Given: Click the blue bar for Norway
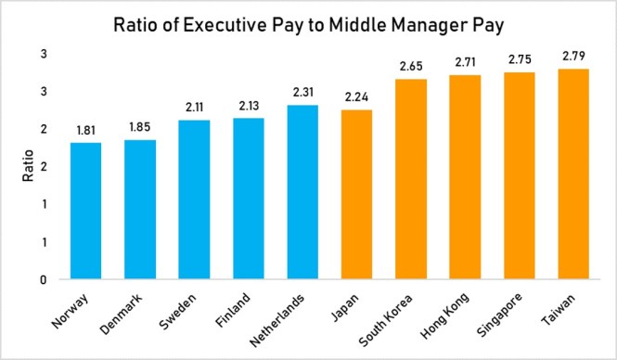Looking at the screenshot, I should tap(85, 211).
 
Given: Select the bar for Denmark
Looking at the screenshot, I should tap(140, 209).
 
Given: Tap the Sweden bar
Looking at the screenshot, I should tap(194, 199).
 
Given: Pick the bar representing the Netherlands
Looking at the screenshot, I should tap(303, 192).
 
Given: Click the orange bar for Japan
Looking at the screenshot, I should tap(358, 194).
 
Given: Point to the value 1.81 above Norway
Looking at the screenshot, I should tap(85, 130).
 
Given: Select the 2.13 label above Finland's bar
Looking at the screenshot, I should tap(249, 106).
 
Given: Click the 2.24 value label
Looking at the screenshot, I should tap(358, 97).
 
